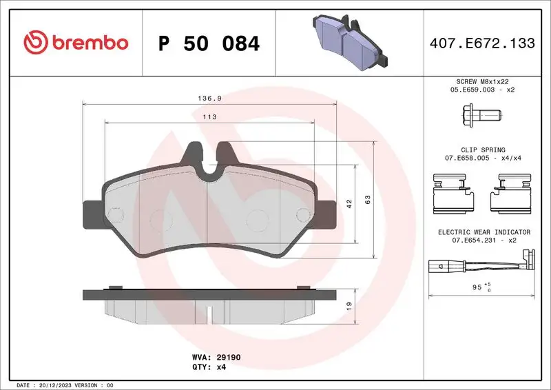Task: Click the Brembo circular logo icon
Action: [34, 43]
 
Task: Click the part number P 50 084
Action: [209, 44]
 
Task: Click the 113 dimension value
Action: [210, 117]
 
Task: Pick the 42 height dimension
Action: [349, 203]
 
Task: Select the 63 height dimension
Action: [368, 199]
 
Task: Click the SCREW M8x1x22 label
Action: [484, 81]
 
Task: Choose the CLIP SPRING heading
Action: [484, 150]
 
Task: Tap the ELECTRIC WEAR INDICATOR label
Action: [484, 232]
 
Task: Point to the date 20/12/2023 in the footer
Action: [56, 384]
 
